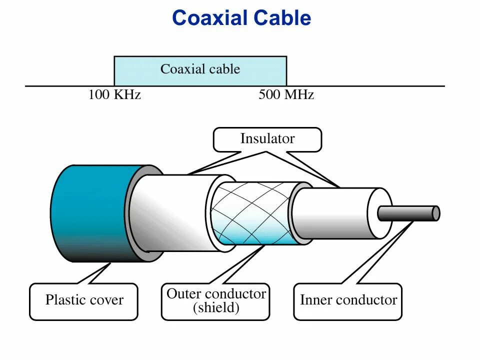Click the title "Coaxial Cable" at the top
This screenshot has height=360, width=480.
pyautogui.click(x=241, y=18)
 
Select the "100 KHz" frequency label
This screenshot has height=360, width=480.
pyautogui.click(x=114, y=95)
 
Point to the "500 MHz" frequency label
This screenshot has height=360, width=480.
pyautogui.click(x=286, y=95)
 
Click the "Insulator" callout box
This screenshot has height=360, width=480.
pyautogui.click(x=267, y=139)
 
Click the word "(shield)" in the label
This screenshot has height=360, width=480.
pyautogui.click(x=216, y=308)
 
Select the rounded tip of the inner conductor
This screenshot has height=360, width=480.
pyautogui.click(x=436, y=213)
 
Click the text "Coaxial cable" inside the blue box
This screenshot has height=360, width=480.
pyautogui.click(x=200, y=69)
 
